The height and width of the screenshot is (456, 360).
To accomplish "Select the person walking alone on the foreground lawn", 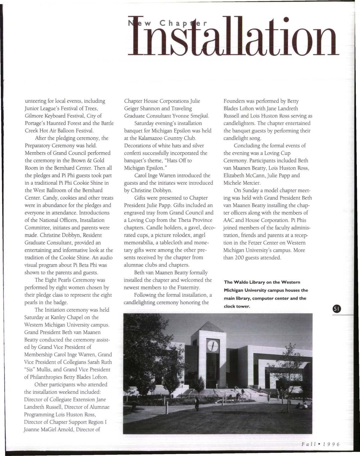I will tap(197, 403).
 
